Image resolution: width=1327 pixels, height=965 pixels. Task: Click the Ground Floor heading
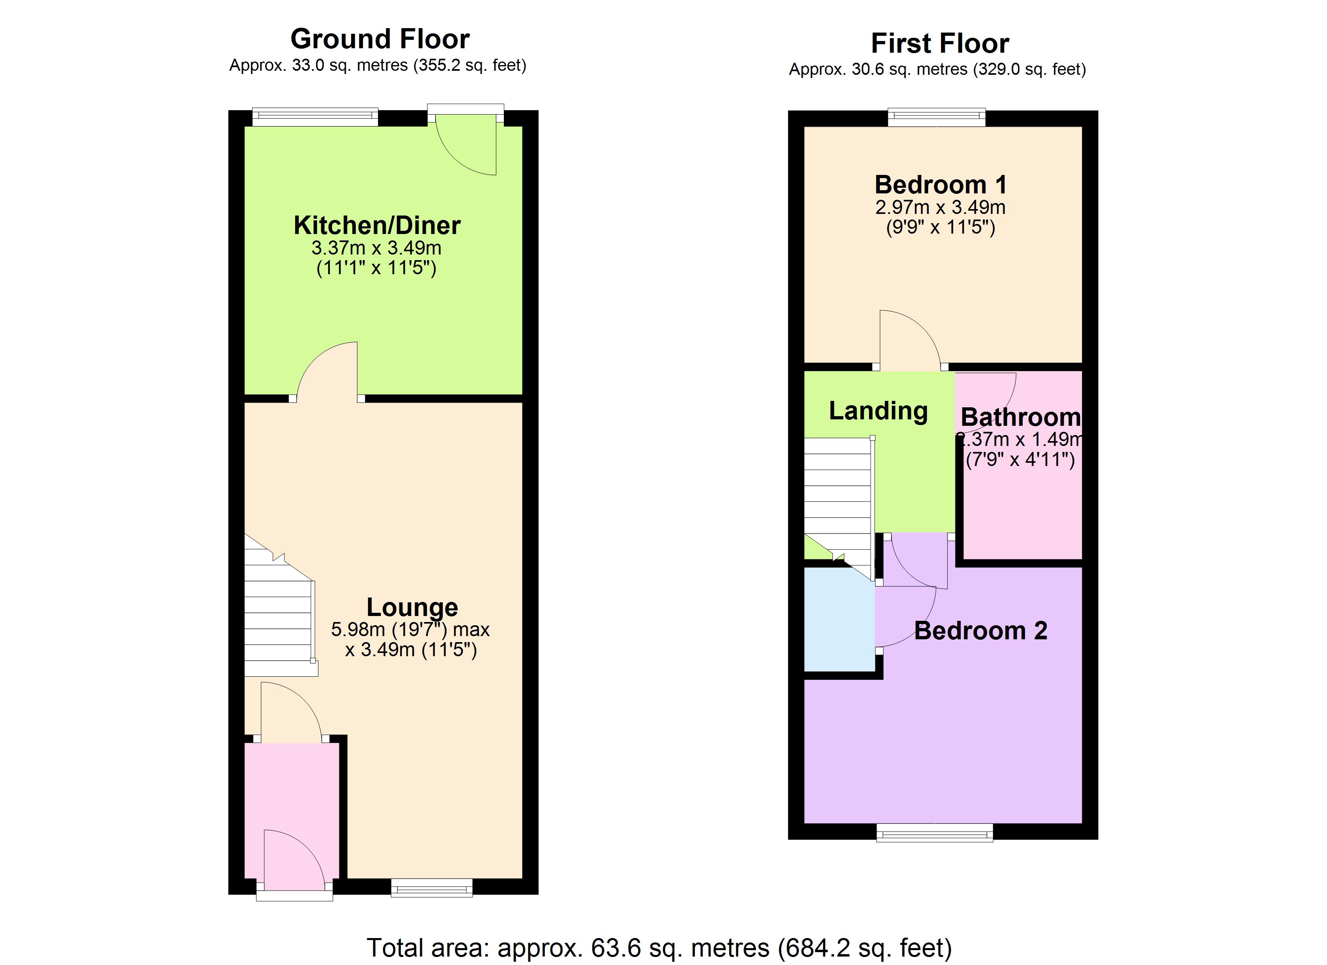click(x=380, y=39)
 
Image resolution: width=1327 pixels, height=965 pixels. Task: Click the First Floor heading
click(x=940, y=43)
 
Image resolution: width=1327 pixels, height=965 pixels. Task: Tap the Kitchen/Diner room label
click(x=377, y=225)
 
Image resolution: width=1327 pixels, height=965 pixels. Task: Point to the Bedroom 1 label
click(x=940, y=185)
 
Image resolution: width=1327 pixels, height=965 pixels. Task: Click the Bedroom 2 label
click(x=981, y=631)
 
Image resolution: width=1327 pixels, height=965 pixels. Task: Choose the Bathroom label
click(x=1021, y=417)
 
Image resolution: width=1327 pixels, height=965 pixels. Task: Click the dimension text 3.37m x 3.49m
click(x=376, y=248)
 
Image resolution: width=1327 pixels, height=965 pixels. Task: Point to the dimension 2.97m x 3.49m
click(x=940, y=207)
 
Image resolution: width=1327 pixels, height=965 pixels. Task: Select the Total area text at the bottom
click(x=659, y=947)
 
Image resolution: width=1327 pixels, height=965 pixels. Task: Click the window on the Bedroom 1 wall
click(x=936, y=118)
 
